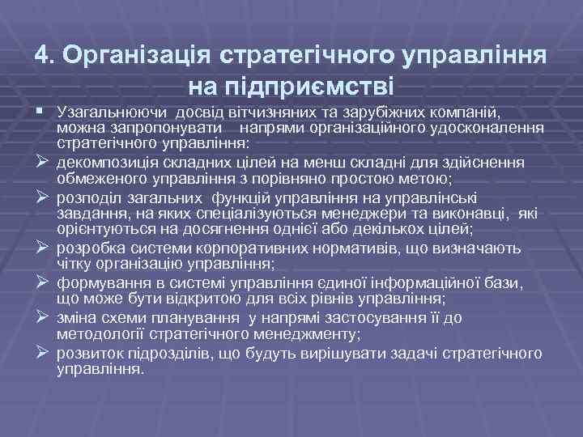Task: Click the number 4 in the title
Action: [x=42, y=55]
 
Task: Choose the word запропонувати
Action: [x=163, y=129]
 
